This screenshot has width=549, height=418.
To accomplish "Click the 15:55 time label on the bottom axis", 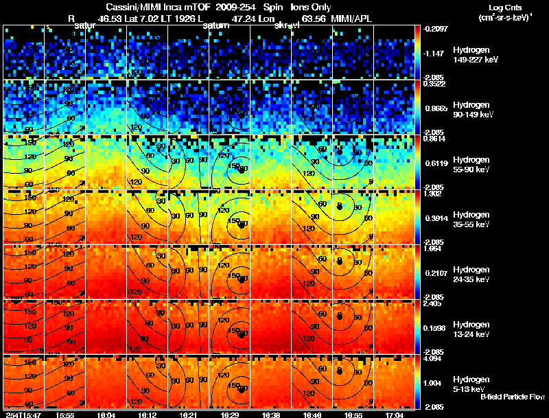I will (x=66, y=415).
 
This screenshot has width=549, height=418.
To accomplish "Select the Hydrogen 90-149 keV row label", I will (x=474, y=109).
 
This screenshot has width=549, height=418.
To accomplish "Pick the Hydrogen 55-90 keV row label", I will (x=474, y=164).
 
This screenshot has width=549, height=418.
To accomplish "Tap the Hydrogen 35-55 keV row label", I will (x=474, y=219).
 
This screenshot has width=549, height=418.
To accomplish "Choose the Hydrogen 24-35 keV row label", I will (x=474, y=274).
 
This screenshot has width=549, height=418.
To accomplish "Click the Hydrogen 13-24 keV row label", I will (x=474, y=329).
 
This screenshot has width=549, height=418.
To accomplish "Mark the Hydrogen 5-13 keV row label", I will (x=474, y=384).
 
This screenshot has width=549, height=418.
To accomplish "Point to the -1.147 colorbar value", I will (x=438, y=53).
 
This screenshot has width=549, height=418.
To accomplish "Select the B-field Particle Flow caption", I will (x=512, y=397).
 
